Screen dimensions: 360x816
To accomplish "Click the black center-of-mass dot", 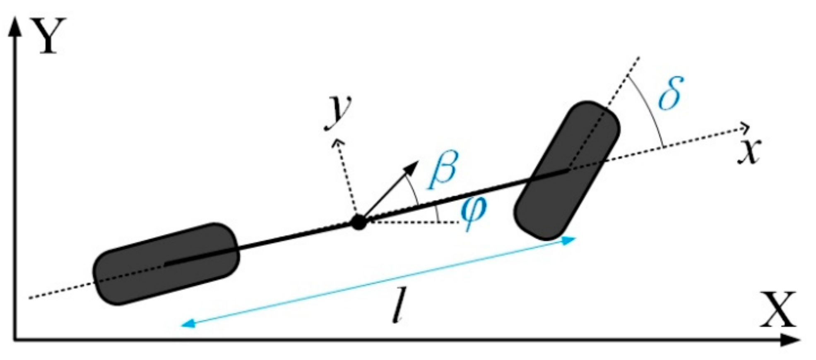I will click(359, 222).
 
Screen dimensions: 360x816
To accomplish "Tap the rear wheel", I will click(166, 264).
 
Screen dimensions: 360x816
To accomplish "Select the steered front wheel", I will click(566, 170).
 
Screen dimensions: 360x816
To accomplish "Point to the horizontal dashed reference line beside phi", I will click(414, 223).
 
